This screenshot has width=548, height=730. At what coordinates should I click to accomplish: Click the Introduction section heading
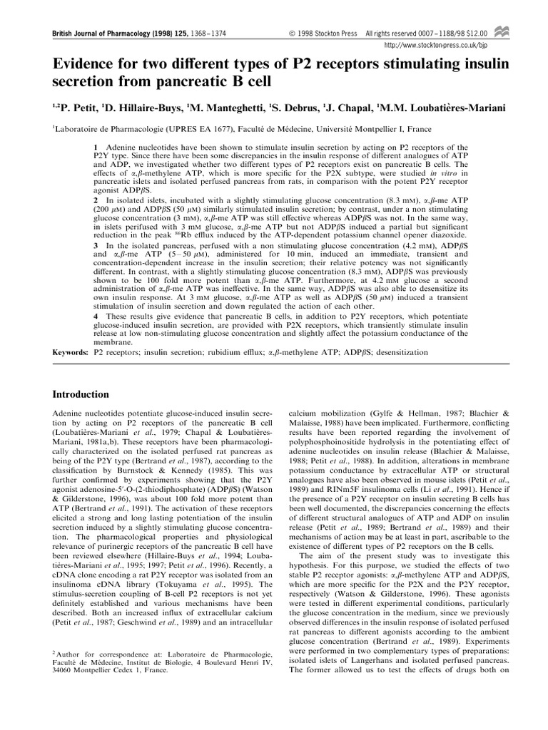point(81,394)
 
